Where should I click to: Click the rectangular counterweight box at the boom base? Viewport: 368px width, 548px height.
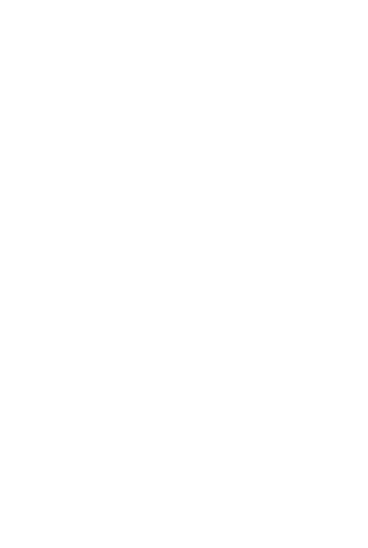click(x=73, y=256)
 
